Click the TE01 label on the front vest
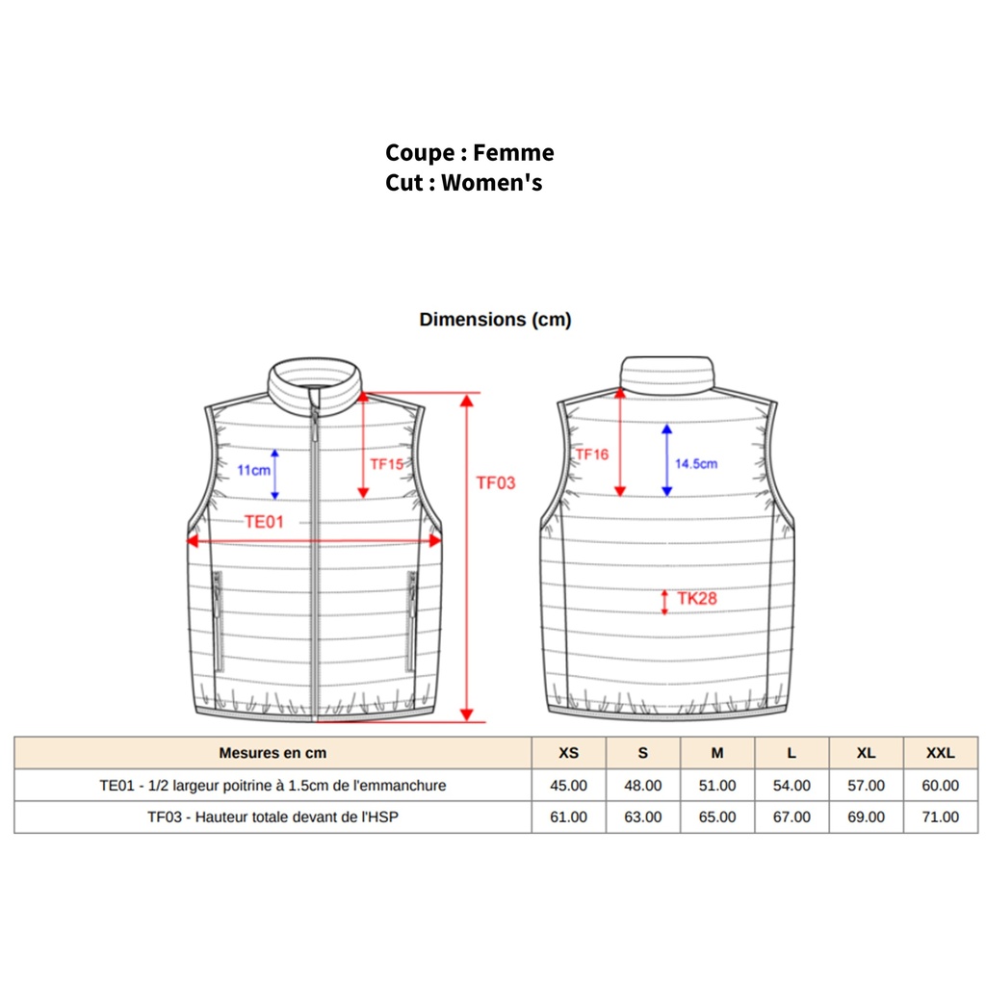click(x=264, y=521)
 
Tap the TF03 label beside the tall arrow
click(x=496, y=483)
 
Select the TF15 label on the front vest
click(x=386, y=464)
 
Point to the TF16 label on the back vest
click(x=592, y=454)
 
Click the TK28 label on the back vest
click(x=697, y=598)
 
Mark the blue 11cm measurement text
click(x=253, y=470)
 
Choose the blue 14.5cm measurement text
click(x=696, y=463)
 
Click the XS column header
click(x=568, y=753)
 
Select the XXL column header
click(x=940, y=753)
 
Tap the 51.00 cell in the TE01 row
click(x=716, y=786)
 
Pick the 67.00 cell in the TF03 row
click(x=791, y=817)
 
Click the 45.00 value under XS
click(x=568, y=786)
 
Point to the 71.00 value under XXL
click(x=940, y=817)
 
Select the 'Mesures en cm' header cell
click(x=272, y=753)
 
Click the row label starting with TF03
click(x=272, y=817)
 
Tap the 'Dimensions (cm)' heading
click(x=495, y=320)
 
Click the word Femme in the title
click(x=513, y=153)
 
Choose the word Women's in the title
click(x=491, y=183)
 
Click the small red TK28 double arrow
click(x=664, y=603)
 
